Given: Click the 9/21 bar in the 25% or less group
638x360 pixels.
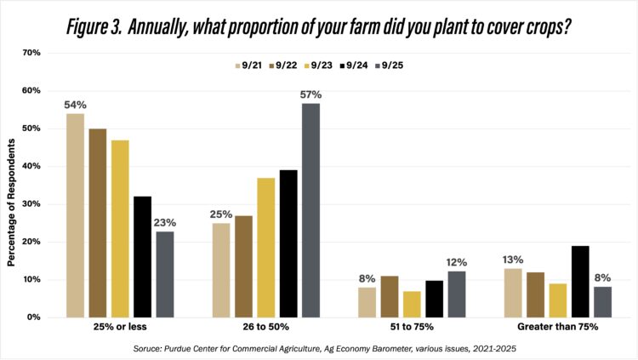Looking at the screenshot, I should tap(75, 215).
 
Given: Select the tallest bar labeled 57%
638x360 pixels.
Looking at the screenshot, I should tap(310, 209).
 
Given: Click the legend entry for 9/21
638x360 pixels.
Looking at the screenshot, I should tap(248, 64).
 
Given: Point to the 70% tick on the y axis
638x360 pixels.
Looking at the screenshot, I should tap(31, 53).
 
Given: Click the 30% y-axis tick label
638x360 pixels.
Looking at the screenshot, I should tap(31, 204).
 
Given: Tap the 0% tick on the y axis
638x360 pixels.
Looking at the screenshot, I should tap(34, 317).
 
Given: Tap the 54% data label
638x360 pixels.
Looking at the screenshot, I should tap(75, 105).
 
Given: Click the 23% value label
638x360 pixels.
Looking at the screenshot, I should tap(164, 222).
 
